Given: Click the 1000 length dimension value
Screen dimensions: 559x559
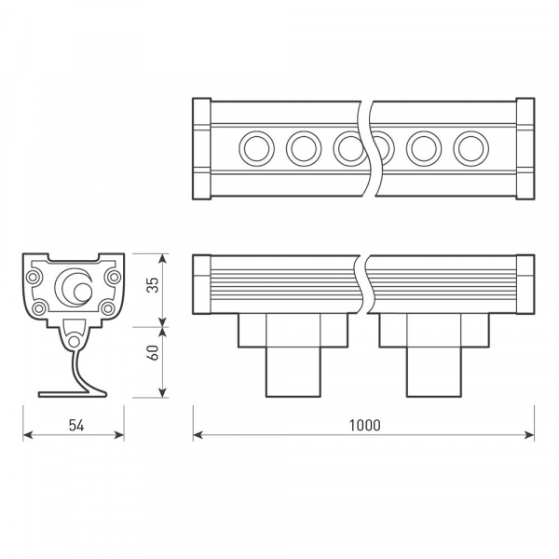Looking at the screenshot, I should [x=365, y=425].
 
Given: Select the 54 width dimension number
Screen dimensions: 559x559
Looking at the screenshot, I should [x=76, y=425].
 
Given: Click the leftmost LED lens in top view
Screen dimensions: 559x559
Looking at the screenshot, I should [x=255, y=147].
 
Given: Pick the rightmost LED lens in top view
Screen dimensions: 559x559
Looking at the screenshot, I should [x=470, y=147].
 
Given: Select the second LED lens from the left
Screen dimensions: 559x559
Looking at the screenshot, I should [x=304, y=147].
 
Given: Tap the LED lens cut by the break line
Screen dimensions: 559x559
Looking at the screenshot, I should [x=349, y=147].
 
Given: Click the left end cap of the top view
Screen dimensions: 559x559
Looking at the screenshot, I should [x=201, y=147].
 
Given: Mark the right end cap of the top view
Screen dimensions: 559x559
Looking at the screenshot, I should [x=524, y=147].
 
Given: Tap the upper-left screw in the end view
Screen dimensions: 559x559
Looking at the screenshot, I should [x=34, y=276].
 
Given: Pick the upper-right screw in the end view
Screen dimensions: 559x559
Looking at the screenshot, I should [x=113, y=276].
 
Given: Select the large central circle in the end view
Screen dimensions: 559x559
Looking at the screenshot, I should [x=73, y=286].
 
